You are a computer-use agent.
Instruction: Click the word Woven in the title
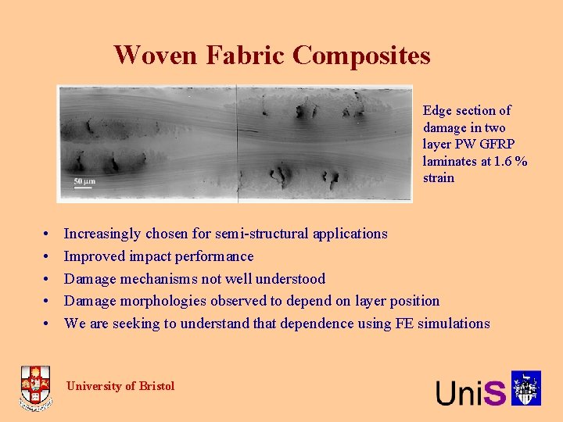(156, 55)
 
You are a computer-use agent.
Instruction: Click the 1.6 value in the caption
(501, 161)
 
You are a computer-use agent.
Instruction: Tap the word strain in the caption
(439, 178)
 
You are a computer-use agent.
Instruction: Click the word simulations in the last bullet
(455, 324)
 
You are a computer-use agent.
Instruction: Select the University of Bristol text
(120, 386)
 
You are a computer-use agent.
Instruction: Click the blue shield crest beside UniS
(526, 388)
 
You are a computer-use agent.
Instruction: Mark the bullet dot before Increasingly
(47, 234)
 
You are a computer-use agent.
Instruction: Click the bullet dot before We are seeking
(47, 324)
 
